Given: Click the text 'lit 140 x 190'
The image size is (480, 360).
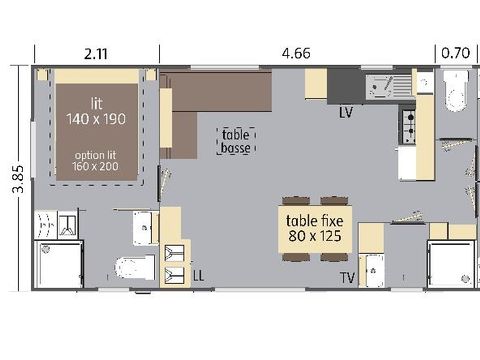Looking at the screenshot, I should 96,111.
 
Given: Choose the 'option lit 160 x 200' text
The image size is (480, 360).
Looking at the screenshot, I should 96,160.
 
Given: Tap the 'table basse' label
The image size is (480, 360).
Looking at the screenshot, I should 236,140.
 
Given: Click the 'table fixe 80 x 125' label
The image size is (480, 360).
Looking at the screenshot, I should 314,229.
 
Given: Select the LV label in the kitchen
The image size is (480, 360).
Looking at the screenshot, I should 347,112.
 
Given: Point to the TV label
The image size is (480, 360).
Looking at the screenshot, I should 347,276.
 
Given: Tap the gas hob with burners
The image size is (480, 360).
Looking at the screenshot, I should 408,123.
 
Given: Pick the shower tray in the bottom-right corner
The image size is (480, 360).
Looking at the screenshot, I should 452,264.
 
